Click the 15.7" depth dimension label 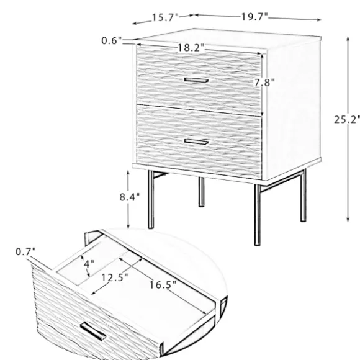pyautogui.click(x=165, y=17)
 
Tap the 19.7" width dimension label pyautogui.click(x=254, y=17)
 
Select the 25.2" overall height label pyautogui.click(x=347, y=120)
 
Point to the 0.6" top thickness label pyautogui.click(x=111, y=41)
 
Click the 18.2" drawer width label pyautogui.click(x=191, y=48)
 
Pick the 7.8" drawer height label pyautogui.click(x=264, y=83)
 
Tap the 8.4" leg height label pyautogui.click(x=130, y=197)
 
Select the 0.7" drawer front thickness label pyautogui.click(x=25, y=252)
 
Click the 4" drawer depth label pyautogui.click(x=89, y=264)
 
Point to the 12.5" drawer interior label pyautogui.click(x=115, y=278)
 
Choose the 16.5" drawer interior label pyautogui.click(x=163, y=285)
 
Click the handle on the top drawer pyautogui.click(x=196, y=80)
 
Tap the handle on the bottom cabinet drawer pyautogui.click(x=196, y=142)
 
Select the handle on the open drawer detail pyautogui.click(x=93, y=331)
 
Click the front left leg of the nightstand pyautogui.click(x=151, y=199)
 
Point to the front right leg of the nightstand pyautogui.click(x=258, y=215)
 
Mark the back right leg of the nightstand pyautogui.click(x=304, y=196)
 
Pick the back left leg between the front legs pyautogui.click(x=201, y=192)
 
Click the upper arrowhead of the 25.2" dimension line pyautogui.click(x=348, y=40)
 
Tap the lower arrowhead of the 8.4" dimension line pyautogui.click(x=128, y=226)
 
